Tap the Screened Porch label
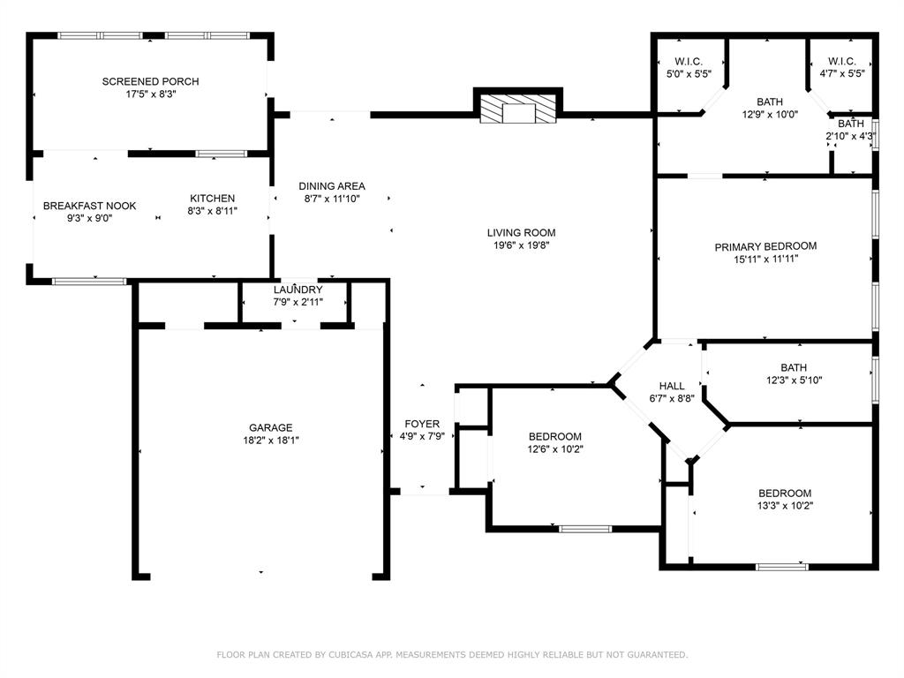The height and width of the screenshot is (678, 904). coord(150,81)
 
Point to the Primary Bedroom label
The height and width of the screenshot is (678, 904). coord(765,246)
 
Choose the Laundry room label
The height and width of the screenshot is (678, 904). coord(298,290)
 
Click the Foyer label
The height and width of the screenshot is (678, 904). coord(422,424)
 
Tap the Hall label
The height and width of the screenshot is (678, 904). coord(672,386)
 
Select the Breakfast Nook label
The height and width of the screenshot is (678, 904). coord(90,206)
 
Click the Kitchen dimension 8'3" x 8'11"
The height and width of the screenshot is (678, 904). coord(212,211)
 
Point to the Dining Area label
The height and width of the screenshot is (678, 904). coord(332,186)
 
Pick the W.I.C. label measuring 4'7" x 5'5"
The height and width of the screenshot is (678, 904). coord(841,73)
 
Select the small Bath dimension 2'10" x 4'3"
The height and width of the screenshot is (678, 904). coord(850,136)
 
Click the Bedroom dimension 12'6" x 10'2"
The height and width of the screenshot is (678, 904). coord(555,448)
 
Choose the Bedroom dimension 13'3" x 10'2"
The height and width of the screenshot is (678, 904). coord(785,506)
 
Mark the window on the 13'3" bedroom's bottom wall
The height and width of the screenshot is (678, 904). coord(781,566)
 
